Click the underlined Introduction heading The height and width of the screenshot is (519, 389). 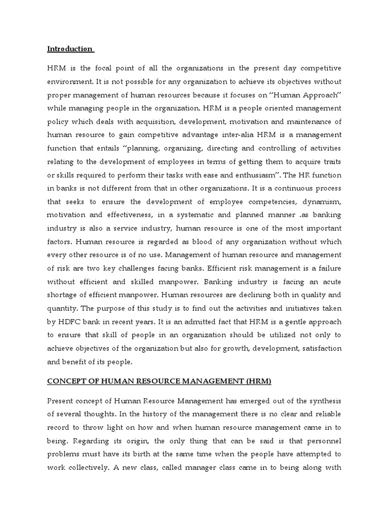tap(70, 49)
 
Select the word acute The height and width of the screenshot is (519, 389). tap(330, 281)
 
